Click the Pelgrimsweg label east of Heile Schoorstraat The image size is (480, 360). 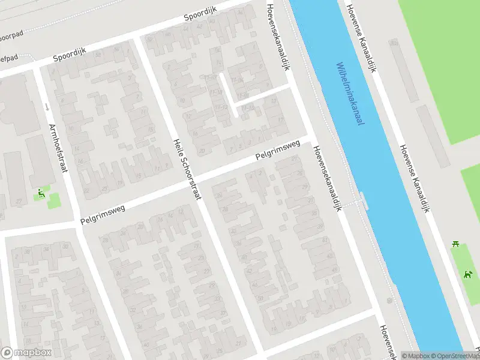tap(277, 151)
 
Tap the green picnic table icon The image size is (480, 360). tap(456, 244)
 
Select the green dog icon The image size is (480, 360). tap(467, 275)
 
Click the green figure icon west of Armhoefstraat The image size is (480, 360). tap(41, 193)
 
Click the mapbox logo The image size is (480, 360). tap(26, 353)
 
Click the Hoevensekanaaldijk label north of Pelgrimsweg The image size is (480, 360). tap(278, 36)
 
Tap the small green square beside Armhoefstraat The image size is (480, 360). tap(54, 200)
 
